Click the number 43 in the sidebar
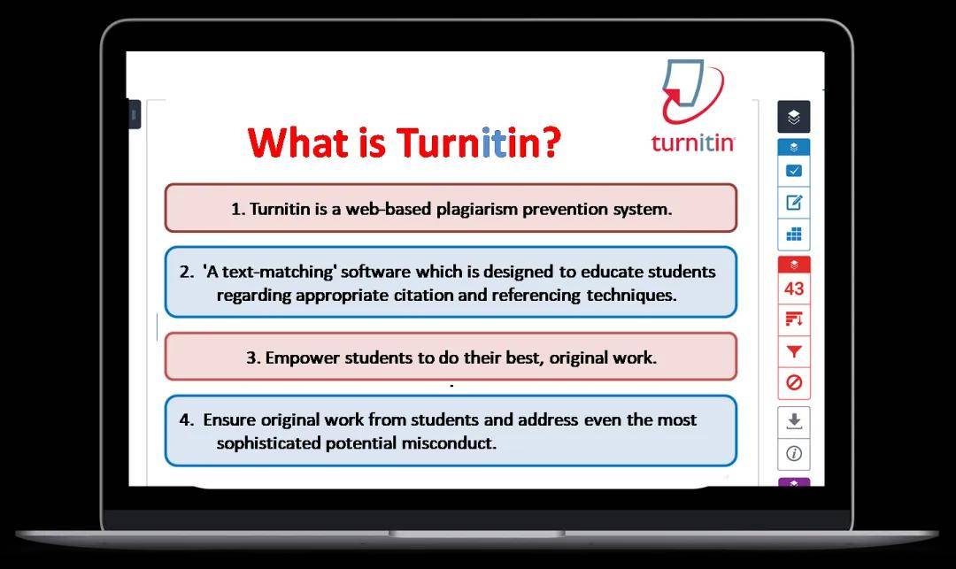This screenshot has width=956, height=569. tap(794, 288)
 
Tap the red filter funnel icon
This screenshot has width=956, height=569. tap(794, 351)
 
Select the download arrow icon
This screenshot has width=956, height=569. tap(794, 421)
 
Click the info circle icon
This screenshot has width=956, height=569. tap(794, 453)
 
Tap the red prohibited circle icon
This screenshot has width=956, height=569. tap(794, 382)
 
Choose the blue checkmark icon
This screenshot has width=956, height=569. tap(794, 171)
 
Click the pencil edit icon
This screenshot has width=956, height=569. tap(794, 203)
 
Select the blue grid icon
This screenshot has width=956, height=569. tap(794, 234)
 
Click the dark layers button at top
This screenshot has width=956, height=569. tap(794, 116)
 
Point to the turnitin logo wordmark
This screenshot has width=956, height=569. tap(693, 142)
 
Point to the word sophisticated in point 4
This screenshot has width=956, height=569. tap(267, 442)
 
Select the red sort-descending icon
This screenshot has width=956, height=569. tap(794, 319)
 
